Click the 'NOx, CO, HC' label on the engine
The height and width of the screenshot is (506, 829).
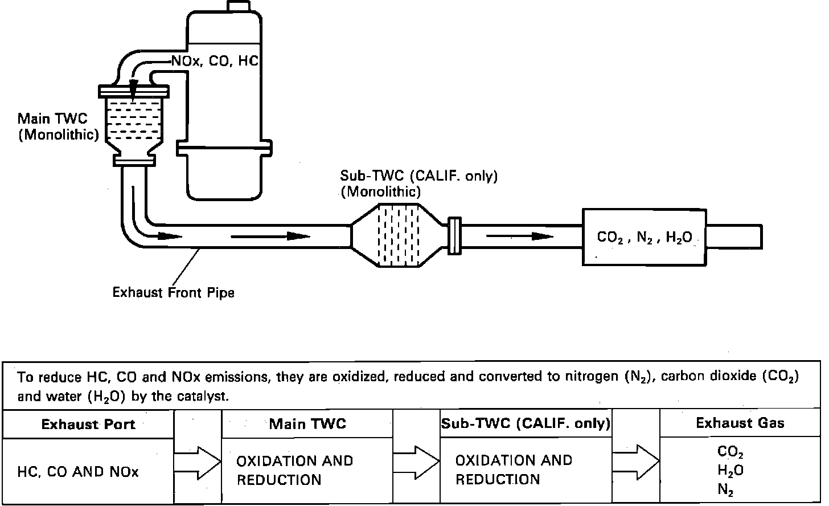click(x=215, y=61)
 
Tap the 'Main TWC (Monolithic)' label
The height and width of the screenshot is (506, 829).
click(x=58, y=126)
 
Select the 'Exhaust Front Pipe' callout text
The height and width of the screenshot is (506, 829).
click(x=173, y=293)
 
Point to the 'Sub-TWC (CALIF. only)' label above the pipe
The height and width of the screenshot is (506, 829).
click(x=419, y=176)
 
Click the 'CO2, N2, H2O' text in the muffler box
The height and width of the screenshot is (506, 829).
click(x=644, y=238)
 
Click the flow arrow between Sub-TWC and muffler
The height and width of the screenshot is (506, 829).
click(x=519, y=235)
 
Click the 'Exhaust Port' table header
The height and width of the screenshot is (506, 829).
click(x=88, y=424)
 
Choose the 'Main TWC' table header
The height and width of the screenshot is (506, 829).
click(x=307, y=423)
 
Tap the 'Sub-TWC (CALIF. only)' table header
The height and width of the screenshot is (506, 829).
click(x=526, y=423)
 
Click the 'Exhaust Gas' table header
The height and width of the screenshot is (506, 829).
click(x=740, y=423)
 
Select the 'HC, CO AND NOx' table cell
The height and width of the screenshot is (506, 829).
click(x=78, y=472)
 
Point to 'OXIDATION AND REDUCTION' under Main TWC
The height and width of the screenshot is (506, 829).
click(x=294, y=470)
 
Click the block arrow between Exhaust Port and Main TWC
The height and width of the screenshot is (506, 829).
click(x=197, y=462)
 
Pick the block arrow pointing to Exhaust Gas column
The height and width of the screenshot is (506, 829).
click(x=635, y=462)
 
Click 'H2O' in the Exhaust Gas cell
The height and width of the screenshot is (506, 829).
click(x=730, y=471)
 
